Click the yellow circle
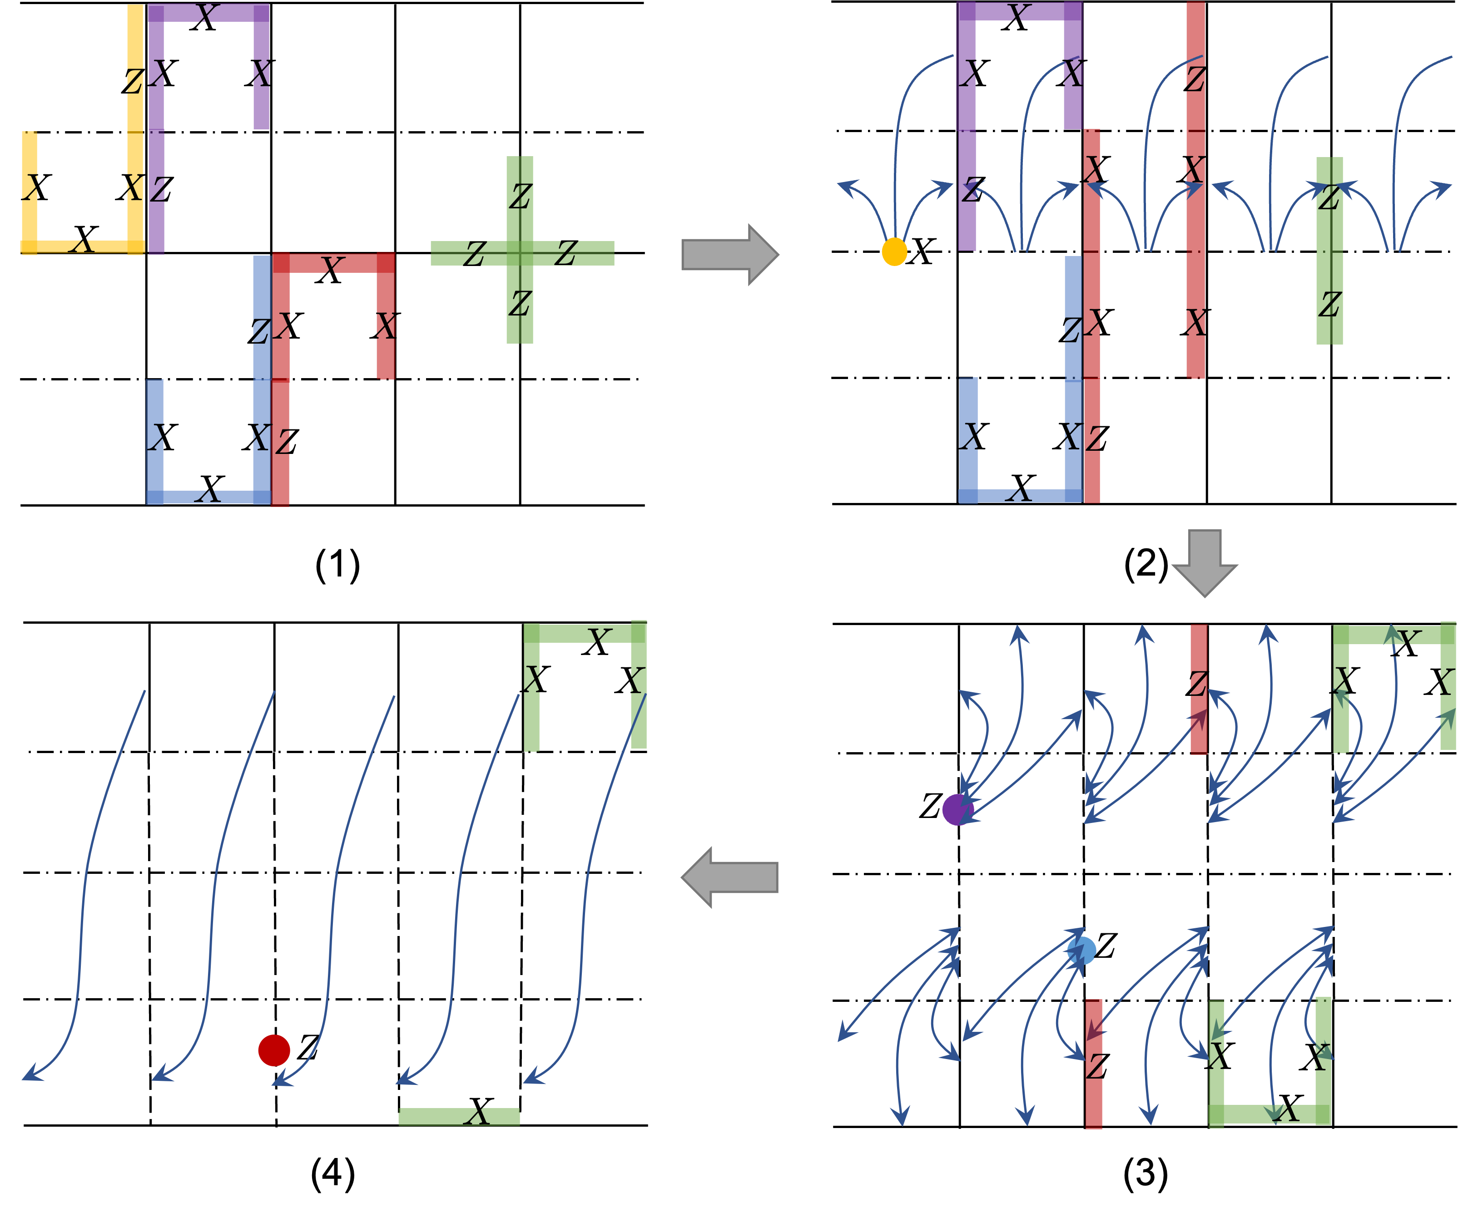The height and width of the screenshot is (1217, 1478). click(894, 251)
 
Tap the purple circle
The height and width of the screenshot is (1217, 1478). click(957, 810)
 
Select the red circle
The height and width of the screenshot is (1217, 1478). click(273, 1050)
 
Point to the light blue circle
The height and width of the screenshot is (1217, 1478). click(1081, 951)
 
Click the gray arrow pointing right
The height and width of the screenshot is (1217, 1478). click(729, 255)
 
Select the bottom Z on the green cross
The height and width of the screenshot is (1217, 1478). click(520, 304)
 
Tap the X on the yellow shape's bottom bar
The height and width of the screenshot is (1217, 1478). click(82, 246)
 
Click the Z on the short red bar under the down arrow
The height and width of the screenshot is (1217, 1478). click(1198, 684)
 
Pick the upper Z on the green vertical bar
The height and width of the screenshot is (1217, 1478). click(1329, 198)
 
